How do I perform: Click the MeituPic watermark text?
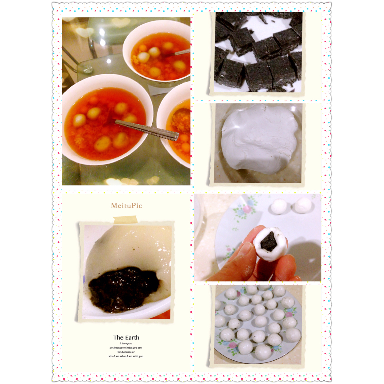[x=126, y=206]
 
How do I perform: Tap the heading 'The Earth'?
[x=126, y=337]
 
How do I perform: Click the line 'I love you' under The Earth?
[x=126, y=344]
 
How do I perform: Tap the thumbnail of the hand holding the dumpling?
[x=257, y=237]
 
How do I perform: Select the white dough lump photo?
[x=258, y=143]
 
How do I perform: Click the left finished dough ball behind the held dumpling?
[x=279, y=206]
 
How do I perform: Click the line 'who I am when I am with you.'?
[x=126, y=356]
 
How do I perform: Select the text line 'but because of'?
[x=126, y=352]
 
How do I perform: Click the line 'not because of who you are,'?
[x=126, y=348]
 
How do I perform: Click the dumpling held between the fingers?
[x=270, y=243]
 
